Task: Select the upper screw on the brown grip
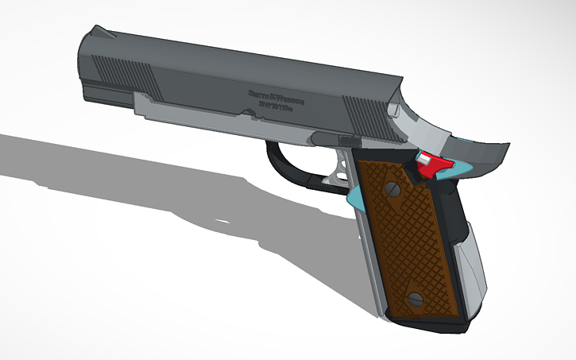pos(392,189)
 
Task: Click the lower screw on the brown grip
pos(414,298)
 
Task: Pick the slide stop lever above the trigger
pos(326,138)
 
